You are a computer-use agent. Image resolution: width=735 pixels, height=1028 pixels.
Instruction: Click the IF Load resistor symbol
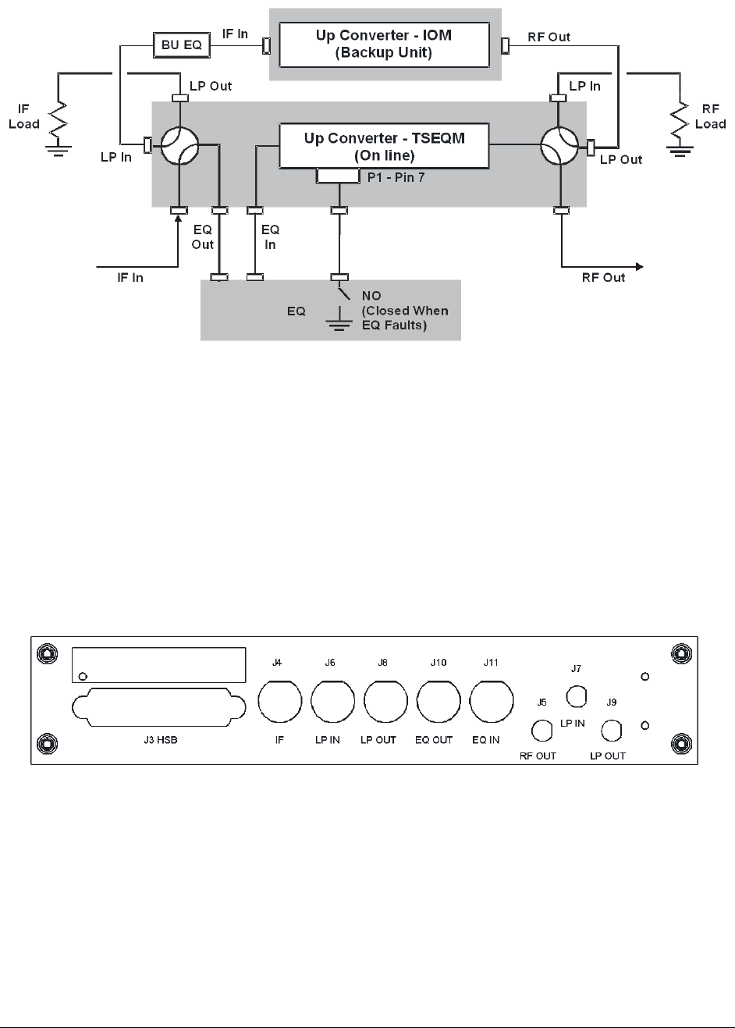[59, 123]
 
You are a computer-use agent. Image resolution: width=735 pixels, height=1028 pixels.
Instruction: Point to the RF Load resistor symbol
[680, 123]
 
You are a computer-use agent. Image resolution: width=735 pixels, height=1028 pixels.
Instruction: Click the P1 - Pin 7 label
[396, 178]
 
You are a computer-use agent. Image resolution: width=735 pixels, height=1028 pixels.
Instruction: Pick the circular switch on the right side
[559, 145]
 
